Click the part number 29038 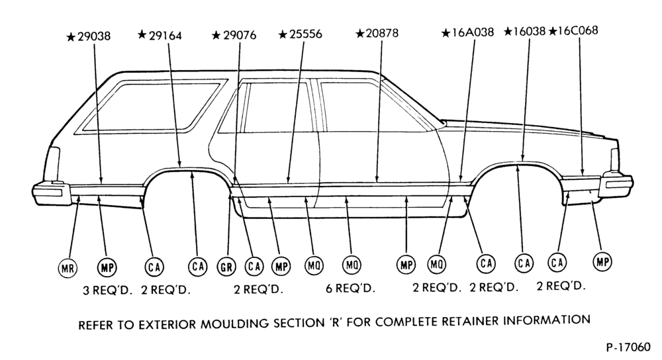click(94, 36)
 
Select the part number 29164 click(165, 36)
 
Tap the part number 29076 click(240, 35)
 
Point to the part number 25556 click(306, 34)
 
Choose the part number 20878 click(382, 33)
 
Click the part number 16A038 click(473, 32)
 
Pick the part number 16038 click(530, 31)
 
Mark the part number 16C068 click(577, 31)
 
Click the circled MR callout click(68, 268)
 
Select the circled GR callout click(226, 267)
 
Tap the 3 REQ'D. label click(108, 291)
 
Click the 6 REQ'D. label click(350, 289)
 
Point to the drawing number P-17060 click(628, 347)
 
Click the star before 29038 click(71, 37)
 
